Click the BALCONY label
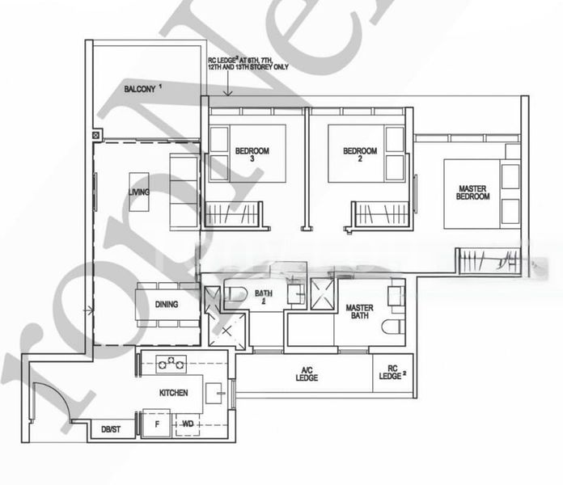click(142, 88)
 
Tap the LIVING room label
click(139, 192)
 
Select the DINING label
click(166, 305)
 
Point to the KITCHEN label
click(173, 393)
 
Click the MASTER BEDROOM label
click(472, 192)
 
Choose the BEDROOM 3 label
click(252, 154)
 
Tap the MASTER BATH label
click(358, 313)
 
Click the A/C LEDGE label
click(307, 374)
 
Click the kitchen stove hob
click(171, 364)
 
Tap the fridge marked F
click(156, 424)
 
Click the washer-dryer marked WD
click(188, 424)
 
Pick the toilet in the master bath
click(394, 327)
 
